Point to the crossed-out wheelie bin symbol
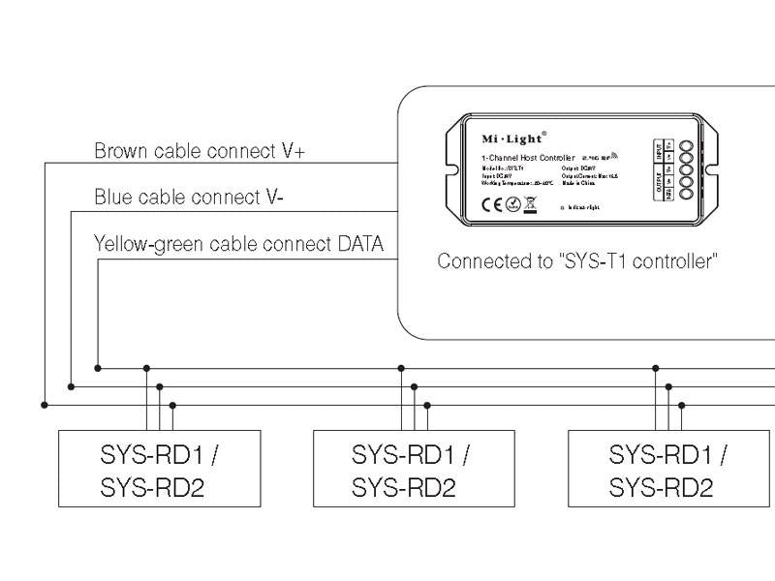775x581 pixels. [530, 203]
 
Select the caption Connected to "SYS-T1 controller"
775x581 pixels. [577, 261]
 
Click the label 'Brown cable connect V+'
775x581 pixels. [201, 151]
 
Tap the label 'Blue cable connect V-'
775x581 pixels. [188, 198]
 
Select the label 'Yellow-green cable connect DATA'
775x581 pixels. [238, 243]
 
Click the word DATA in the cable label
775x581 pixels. [358, 243]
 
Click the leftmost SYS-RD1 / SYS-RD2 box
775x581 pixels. [160, 469]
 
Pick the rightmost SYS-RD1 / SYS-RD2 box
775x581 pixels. [668, 469]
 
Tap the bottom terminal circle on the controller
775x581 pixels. [686, 195]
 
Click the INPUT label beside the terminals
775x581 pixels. [659, 151]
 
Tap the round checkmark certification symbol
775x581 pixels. [512, 203]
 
